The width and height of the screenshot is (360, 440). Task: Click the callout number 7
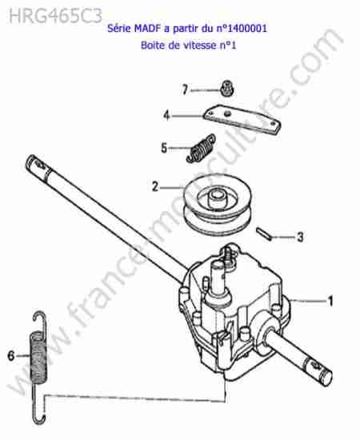click(x=185, y=90)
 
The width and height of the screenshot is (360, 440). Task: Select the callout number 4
click(x=167, y=115)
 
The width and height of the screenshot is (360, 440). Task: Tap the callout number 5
click(x=164, y=148)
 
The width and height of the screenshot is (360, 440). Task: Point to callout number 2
click(x=155, y=186)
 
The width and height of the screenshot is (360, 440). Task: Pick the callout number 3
click(x=300, y=237)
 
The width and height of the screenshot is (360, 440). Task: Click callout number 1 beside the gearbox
click(x=330, y=301)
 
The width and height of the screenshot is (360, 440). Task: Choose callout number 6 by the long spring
click(x=11, y=356)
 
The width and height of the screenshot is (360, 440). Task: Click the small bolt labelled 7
click(x=226, y=88)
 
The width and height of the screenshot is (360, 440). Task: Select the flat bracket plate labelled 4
click(x=242, y=119)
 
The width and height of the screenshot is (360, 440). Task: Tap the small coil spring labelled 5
click(x=201, y=148)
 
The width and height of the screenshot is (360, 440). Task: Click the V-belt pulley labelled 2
click(x=218, y=203)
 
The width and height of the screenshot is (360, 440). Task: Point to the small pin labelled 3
click(x=264, y=234)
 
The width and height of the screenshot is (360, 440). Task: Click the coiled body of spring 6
click(x=38, y=356)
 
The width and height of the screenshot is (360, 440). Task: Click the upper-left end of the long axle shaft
click(x=31, y=161)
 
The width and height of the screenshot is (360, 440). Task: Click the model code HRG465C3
click(x=55, y=16)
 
